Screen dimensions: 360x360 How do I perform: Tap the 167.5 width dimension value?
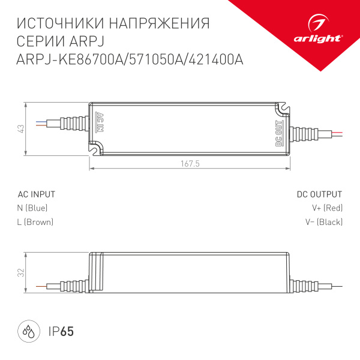190,163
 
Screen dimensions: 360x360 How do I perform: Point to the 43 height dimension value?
20,128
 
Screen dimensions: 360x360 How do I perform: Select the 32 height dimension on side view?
20,273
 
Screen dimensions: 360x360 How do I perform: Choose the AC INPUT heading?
37,194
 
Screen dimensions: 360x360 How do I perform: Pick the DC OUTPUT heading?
319,194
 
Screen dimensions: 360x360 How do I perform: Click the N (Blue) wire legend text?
32,208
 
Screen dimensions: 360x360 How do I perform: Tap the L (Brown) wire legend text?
35,222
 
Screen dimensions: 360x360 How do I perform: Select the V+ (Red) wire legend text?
327,208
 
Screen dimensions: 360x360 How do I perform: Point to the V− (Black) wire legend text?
324,222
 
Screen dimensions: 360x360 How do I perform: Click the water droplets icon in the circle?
28,331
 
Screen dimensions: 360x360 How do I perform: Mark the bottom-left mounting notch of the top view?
96,148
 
